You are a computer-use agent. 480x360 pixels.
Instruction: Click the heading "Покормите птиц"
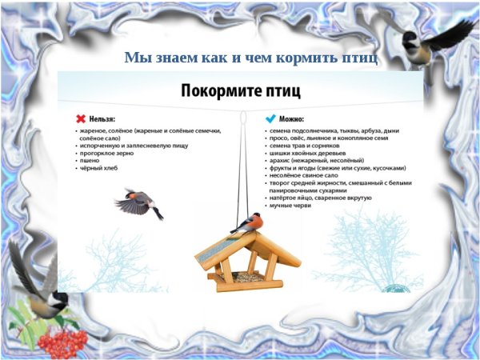click(x=240, y=90)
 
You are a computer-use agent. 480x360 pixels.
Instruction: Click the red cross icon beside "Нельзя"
click(x=81, y=117)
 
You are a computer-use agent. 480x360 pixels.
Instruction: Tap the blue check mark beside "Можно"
click(x=270, y=117)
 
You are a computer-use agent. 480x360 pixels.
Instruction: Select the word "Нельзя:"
click(x=102, y=118)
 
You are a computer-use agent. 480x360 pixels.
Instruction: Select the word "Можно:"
click(x=291, y=118)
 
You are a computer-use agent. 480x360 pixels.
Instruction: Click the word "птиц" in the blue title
click(x=359, y=58)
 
